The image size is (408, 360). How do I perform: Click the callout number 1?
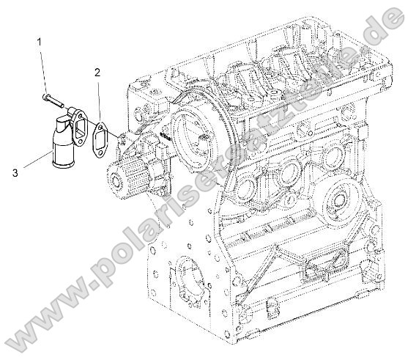click(x=41, y=45)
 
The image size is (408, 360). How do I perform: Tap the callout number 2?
click(x=97, y=72)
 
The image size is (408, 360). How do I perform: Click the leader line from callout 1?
click(x=44, y=70)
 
